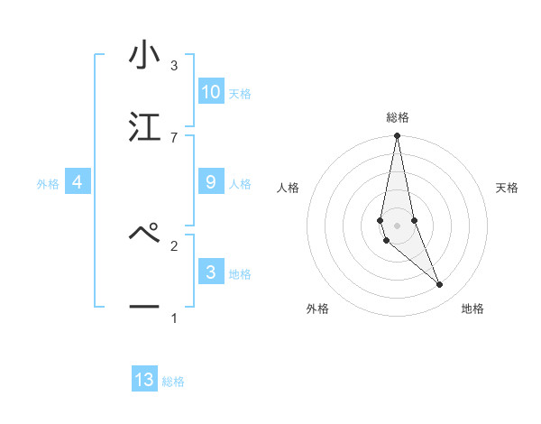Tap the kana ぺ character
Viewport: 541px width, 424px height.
[x=144, y=235]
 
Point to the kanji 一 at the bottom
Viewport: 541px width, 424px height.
[x=144, y=307]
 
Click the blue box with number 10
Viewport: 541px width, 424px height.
[x=210, y=91]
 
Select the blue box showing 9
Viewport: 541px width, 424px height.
[x=210, y=182]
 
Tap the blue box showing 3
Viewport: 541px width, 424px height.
[x=210, y=272]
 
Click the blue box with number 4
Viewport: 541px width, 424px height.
[x=77, y=182]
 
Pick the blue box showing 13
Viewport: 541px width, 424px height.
[x=144, y=380]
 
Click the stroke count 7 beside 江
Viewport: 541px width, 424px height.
[x=173, y=137]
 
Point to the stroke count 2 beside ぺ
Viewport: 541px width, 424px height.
[x=173, y=244]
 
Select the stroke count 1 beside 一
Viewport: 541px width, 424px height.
[x=173, y=318]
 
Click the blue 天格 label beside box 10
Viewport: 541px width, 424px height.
[x=240, y=93]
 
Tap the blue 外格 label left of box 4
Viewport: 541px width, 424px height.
[x=48, y=184]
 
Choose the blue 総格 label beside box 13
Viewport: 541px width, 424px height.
[x=173, y=382]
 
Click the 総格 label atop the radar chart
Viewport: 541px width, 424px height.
[x=397, y=117]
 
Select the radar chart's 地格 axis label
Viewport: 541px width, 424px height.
[x=472, y=309]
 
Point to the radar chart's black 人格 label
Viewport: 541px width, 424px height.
[x=289, y=188]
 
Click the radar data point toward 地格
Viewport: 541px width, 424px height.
[x=440, y=285]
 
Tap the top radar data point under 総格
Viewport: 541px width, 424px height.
[x=397, y=136]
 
